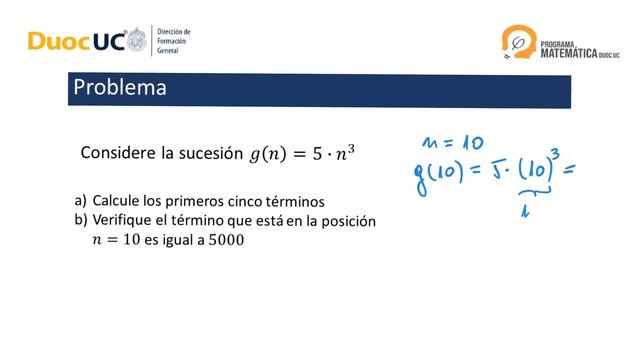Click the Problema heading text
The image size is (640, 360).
click(119, 88)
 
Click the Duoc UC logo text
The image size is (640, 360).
click(75, 41)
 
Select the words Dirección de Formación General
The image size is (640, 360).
click(173, 41)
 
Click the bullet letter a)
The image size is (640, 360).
click(80, 200)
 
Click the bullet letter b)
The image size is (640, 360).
click(80, 220)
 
